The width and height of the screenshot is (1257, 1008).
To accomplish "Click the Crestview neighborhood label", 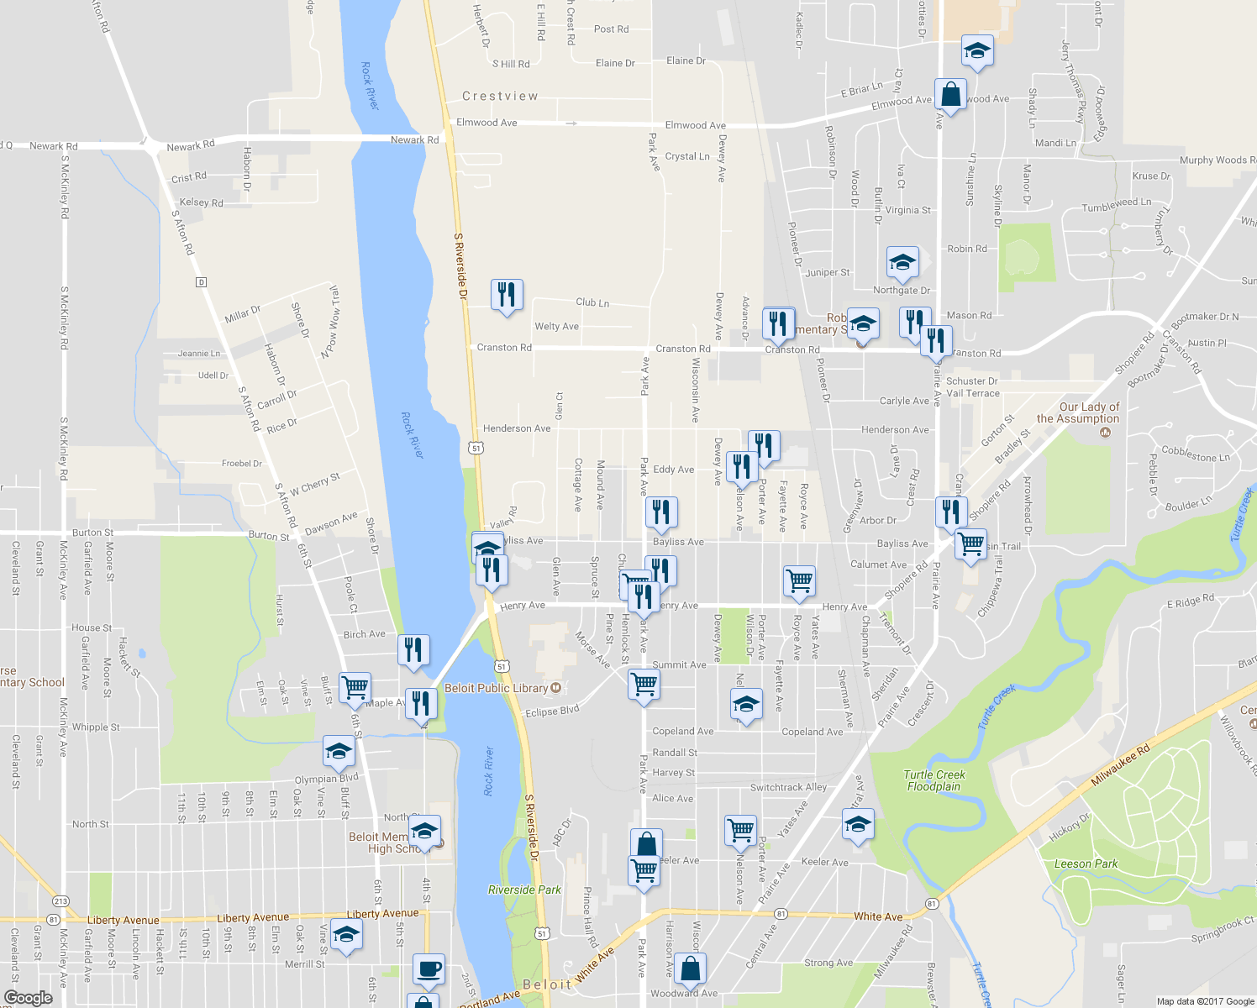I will (x=500, y=97).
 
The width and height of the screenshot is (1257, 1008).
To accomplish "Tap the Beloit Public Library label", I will (x=496, y=688).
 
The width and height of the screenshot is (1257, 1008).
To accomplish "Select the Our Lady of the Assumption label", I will (x=1078, y=412).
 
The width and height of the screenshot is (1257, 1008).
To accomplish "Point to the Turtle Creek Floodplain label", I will (x=934, y=780).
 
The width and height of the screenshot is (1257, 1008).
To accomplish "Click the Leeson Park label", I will (x=1086, y=864).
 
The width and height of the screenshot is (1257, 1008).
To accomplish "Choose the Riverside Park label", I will (x=524, y=890).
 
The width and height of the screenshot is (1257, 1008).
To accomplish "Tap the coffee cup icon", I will (x=429, y=969).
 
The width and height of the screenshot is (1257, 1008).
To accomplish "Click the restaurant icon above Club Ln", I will (x=506, y=295).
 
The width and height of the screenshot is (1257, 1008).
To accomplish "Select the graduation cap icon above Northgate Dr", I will (x=902, y=262).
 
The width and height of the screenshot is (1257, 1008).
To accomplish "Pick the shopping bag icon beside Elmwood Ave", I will (x=950, y=95).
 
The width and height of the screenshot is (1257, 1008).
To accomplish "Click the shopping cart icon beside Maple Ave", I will (x=355, y=686).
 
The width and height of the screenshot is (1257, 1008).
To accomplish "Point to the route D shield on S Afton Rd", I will (x=201, y=281).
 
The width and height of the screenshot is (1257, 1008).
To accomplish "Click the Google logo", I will (x=28, y=997).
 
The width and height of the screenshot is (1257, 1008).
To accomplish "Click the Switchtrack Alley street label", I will (x=788, y=787).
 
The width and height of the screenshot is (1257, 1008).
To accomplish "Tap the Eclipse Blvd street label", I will (x=552, y=711).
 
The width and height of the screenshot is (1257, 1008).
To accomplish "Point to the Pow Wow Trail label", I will (x=330, y=322).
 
